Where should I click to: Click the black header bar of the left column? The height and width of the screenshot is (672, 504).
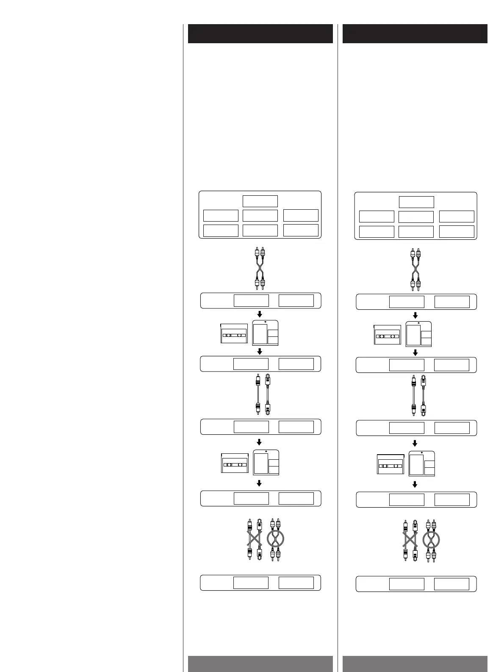pos(260,34)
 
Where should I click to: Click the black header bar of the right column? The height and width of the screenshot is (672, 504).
pos(415,34)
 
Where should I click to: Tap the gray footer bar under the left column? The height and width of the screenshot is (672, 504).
pos(260,664)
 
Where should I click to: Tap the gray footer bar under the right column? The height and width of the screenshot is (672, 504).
pos(415,664)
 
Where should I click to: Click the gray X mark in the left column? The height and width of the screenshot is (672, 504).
pos(254,539)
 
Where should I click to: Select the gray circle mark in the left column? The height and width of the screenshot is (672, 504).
pos(275,539)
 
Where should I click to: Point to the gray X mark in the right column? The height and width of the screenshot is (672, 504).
pos(410,540)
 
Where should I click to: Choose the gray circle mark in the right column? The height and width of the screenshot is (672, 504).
pos(431,540)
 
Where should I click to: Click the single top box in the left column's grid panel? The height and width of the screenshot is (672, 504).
pos(260,201)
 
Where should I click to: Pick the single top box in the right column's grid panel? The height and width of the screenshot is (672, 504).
pos(416,202)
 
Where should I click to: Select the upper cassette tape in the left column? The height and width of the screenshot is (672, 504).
pos(234,334)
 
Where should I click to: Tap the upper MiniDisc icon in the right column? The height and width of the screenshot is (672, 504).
pos(418,334)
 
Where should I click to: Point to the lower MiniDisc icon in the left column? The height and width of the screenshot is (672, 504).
pos(266,463)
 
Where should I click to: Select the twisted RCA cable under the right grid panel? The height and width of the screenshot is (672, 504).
pos(415,270)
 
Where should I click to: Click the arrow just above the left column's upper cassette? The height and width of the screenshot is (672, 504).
pos(260,314)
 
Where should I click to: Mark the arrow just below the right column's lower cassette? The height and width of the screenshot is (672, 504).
pos(415,485)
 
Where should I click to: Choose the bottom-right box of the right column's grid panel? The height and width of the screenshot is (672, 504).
pos(457,231)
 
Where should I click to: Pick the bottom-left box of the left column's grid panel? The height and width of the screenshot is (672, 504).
pos(221,230)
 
